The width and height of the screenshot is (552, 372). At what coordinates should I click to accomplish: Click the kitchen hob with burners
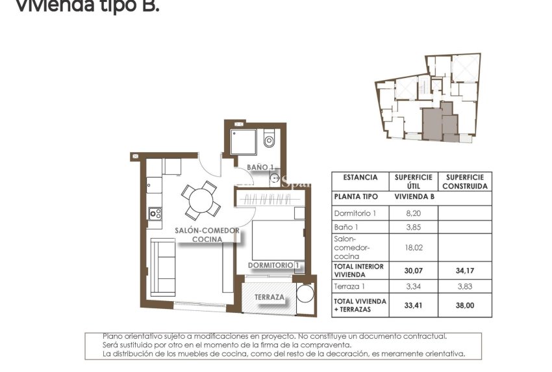[155, 213]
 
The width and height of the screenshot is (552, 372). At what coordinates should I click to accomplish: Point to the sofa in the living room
[164, 267]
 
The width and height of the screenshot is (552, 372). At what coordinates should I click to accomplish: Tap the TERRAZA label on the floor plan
[269, 297]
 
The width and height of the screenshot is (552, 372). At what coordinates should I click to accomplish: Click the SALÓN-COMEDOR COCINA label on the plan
[207, 235]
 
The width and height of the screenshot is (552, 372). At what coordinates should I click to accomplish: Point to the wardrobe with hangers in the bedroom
[266, 199]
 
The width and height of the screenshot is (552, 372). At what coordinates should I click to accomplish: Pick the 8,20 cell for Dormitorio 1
[414, 213]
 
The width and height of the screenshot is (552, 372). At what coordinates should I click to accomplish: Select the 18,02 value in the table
[414, 247]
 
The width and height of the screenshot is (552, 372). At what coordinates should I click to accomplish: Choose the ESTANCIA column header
[360, 177]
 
